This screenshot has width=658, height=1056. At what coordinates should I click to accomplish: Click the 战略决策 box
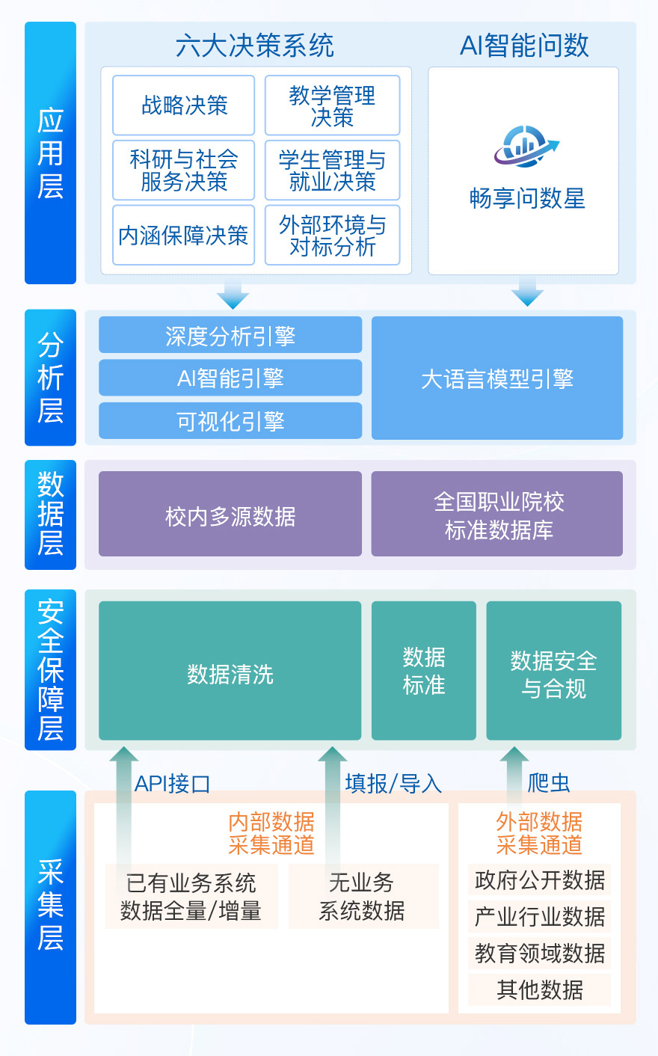click(x=183, y=105)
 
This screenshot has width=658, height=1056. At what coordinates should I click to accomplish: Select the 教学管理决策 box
click(x=332, y=105)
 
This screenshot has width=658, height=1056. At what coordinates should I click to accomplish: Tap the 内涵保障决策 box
click(x=183, y=236)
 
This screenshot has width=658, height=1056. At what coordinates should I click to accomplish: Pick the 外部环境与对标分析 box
click(x=332, y=236)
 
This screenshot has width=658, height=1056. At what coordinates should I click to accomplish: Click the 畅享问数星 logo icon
click(x=526, y=147)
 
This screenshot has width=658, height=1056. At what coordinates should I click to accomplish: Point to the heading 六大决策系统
click(x=254, y=46)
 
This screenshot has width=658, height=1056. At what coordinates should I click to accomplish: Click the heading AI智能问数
click(x=524, y=46)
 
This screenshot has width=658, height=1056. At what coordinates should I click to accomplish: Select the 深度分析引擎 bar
click(x=230, y=336)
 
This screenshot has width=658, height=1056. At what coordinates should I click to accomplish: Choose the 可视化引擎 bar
click(x=230, y=421)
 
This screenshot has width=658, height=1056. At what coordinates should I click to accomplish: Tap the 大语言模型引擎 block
click(x=497, y=378)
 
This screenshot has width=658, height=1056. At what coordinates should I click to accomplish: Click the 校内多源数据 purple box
click(x=230, y=515)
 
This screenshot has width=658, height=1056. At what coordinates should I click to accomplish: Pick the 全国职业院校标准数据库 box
click(x=497, y=515)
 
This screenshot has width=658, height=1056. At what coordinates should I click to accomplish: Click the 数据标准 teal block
click(x=424, y=672)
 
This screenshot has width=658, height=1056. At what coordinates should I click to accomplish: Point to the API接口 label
click(x=172, y=783)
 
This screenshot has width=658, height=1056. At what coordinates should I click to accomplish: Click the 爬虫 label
click(x=549, y=783)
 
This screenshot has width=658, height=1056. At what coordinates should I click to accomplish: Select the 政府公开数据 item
click(x=540, y=880)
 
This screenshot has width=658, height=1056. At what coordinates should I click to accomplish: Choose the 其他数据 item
click(x=540, y=990)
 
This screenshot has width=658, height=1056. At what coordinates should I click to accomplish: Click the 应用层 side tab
click(x=50, y=153)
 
